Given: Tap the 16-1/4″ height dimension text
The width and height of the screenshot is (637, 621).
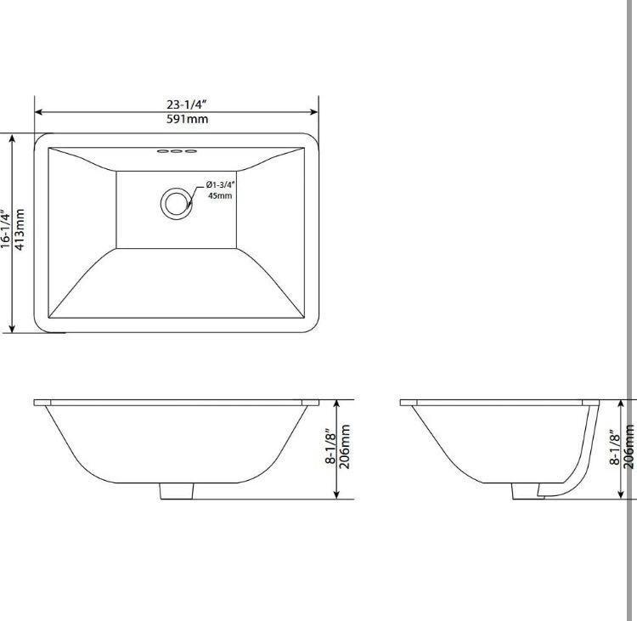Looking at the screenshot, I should point(6,229).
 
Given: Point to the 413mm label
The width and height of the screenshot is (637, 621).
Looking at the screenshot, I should point(20,229).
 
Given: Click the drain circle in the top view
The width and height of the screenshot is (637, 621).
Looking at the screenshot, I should point(176,201).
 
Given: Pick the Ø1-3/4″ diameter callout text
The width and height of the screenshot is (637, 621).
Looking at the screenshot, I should point(220,184).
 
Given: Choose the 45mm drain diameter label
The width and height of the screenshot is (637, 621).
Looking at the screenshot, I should point(220,195).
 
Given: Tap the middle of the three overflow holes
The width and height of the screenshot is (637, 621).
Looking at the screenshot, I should point(176,154).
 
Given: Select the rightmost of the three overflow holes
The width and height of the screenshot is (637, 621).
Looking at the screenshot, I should point(190,154).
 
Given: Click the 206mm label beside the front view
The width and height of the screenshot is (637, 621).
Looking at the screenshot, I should point(346,447).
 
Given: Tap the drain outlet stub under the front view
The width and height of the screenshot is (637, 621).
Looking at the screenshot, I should point(176,490).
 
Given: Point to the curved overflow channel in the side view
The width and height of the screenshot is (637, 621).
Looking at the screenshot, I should point(586,459).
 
